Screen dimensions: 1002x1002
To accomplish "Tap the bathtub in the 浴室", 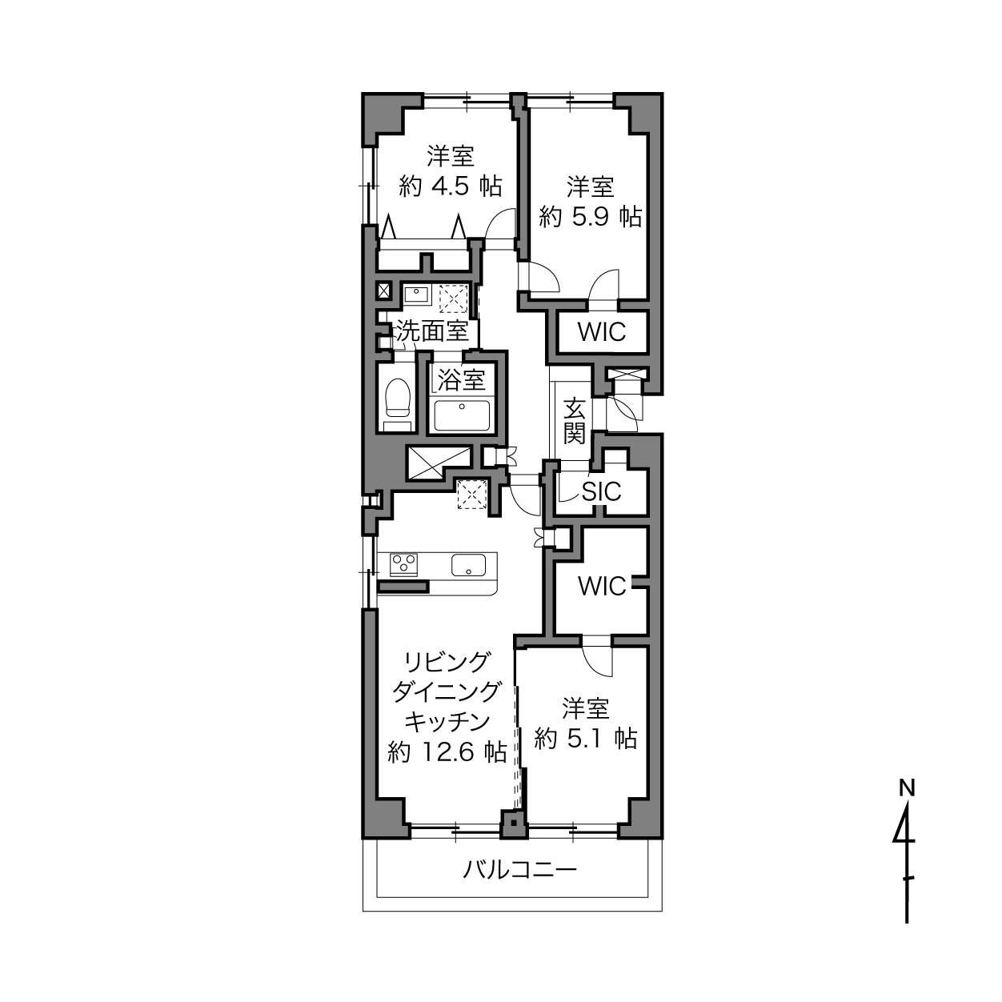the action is pyautogui.click(x=462, y=415).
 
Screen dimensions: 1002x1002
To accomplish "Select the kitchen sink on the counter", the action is pyautogui.click(x=468, y=565).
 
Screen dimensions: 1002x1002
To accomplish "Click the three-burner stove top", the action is pyautogui.click(x=404, y=565).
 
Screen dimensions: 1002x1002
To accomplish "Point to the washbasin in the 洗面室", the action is pyautogui.click(x=417, y=296).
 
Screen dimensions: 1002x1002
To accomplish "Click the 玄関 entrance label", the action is pyautogui.click(x=575, y=421).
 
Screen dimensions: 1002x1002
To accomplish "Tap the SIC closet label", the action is pyautogui.click(x=602, y=491).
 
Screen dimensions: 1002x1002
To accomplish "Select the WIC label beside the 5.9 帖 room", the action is pyautogui.click(x=602, y=332).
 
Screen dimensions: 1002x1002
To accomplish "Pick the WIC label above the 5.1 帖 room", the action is pyautogui.click(x=602, y=587).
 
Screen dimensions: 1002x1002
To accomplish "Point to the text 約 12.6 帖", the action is pyautogui.click(x=447, y=751).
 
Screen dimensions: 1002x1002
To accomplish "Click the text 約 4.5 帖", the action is pyautogui.click(x=451, y=186).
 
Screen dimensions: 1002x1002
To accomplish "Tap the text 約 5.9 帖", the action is pyautogui.click(x=590, y=216).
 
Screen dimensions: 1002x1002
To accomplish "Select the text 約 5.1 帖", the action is pyautogui.click(x=586, y=738).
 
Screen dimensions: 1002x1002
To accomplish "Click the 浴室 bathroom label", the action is pyautogui.click(x=462, y=380).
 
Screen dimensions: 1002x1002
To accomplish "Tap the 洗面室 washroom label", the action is pyautogui.click(x=433, y=331).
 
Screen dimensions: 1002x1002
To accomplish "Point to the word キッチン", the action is pyautogui.click(x=447, y=722).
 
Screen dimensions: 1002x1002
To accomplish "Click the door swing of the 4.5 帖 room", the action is pyautogui.click(x=499, y=223).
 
